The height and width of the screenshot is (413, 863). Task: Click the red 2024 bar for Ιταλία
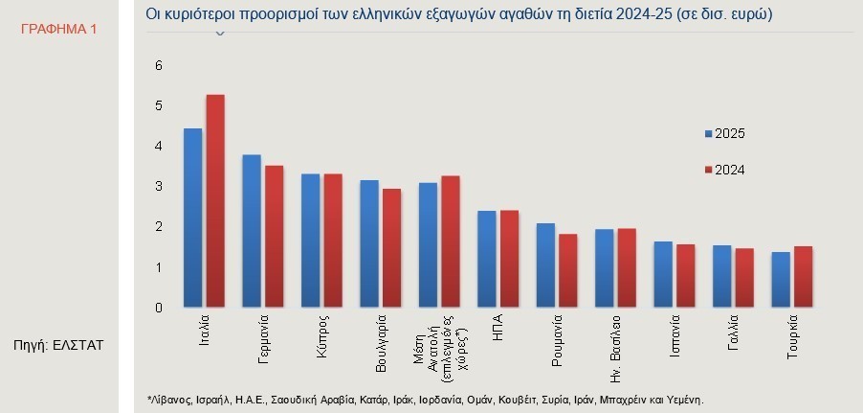click(x=215, y=201)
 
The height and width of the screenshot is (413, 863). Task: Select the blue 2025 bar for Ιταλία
click(x=192, y=218)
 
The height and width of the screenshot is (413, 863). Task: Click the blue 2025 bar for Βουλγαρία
click(x=369, y=244)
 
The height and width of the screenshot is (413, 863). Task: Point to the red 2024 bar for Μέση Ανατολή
click(x=451, y=242)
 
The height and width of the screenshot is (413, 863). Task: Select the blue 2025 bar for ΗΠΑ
click(x=487, y=260)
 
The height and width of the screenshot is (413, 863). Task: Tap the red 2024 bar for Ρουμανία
click(x=568, y=271)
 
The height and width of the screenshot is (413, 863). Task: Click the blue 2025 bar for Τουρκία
click(x=781, y=281)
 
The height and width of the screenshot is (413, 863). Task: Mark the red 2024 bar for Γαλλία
click(x=744, y=279)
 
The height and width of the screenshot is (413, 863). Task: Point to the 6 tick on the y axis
click(x=159, y=65)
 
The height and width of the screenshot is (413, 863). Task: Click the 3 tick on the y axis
click(x=159, y=186)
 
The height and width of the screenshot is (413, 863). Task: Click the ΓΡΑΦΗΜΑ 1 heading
click(x=58, y=30)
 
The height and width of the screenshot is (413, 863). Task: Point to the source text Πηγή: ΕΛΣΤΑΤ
click(x=58, y=344)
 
